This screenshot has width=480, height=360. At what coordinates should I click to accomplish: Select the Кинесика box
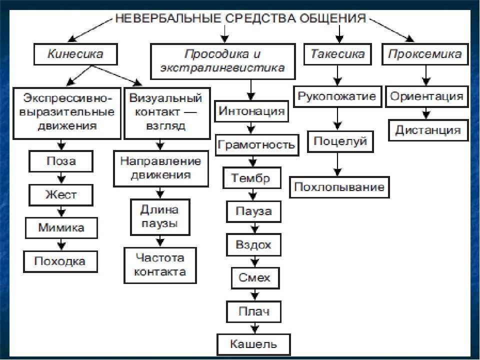[75, 54]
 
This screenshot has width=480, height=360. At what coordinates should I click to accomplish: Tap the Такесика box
[337, 54]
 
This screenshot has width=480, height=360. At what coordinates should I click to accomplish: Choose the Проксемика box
[425, 54]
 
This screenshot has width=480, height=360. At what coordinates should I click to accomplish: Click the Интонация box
[251, 111]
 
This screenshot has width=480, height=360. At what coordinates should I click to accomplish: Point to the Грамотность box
[257, 145]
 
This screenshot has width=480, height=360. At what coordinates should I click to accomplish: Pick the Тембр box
[252, 178]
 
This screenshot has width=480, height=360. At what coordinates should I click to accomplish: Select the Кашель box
[253, 344]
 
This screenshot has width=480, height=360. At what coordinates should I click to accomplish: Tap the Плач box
[254, 311]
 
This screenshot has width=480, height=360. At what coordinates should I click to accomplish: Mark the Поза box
[61, 161]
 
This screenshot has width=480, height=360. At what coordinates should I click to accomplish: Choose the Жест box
[61, 195]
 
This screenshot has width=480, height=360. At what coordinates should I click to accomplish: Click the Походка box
[60, 261]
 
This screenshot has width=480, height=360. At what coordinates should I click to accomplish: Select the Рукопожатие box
[337, 96]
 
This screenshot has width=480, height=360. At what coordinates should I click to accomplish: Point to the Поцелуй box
[340, 141]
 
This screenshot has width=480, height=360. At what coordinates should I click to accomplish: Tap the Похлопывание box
[339, 187]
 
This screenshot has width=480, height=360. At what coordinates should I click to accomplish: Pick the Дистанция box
[428, 130]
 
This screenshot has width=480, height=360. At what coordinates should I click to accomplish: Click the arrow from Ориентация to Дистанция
[426, 113]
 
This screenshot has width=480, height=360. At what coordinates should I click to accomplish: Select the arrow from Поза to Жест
[61, 178]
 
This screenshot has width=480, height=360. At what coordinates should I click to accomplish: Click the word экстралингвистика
[222, 67]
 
